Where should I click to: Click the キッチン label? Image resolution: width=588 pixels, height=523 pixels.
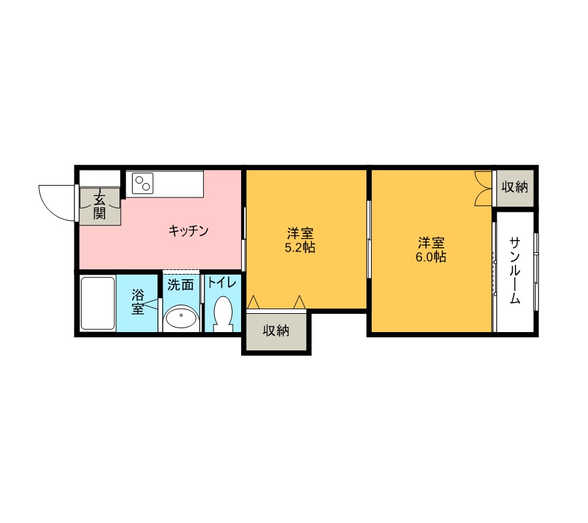click(x=188, y=230)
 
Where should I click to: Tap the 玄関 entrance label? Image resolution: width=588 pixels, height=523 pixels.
click(x=99, y=207)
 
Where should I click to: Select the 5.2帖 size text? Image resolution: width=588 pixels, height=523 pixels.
click(x=300, y=248)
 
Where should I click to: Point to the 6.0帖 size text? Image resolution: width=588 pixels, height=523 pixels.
click(x=431, y=257)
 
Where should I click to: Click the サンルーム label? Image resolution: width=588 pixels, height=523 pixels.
click(x=515, y=270)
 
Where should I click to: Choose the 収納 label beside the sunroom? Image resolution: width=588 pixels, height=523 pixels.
click(x=515, y=187)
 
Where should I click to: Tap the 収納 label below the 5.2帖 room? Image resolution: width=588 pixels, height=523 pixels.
click(x=276, y=331)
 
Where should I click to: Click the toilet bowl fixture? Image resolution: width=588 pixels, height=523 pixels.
click(x=223, y=314)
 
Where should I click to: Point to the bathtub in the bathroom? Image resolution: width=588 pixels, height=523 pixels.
click(x=98, y=303)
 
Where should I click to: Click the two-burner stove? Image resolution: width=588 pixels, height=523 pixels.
click(x=142, y=184)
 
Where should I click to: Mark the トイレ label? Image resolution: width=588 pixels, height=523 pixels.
click(x=222, y=282)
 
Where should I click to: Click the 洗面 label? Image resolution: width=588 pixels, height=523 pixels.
click(x=180, y=285)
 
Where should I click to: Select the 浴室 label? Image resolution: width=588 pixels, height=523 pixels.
click(x=138, y=301)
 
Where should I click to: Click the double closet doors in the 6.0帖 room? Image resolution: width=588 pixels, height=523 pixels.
click(x=483, y=188)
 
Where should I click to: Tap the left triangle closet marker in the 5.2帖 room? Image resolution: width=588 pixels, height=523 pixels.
click(x=253, y=302)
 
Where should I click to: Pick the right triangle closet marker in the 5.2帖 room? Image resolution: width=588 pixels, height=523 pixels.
click(x=299, y=302)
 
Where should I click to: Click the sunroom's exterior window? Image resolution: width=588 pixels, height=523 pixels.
click(x=536, y=272)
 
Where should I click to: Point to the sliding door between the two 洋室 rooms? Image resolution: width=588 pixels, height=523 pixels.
click(x=369, y=239)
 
